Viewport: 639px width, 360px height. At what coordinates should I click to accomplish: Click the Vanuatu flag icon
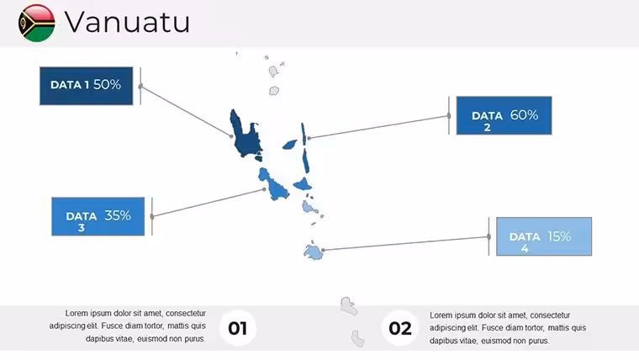37,23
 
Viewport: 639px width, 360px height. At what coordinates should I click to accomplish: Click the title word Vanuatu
127,22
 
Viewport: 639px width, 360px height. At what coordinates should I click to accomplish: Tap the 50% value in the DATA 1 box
107,84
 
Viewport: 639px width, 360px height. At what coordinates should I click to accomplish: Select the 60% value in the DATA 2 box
524,115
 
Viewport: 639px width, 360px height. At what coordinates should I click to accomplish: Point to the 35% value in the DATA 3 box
118,215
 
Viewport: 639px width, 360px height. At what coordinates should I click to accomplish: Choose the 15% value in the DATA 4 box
559,236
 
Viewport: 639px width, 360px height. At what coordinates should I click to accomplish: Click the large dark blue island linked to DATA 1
244,135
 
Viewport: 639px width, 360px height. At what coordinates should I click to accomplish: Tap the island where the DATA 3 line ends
274,185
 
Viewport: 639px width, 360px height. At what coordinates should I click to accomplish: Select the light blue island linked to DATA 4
314,252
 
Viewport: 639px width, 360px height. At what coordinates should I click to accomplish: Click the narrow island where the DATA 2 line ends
304,134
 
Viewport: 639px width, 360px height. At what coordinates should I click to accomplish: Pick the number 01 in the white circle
238,328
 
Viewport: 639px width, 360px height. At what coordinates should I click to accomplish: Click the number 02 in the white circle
399,328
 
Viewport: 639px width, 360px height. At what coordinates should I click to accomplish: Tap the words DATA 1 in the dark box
70,85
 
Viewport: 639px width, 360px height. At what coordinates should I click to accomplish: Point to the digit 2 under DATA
487,128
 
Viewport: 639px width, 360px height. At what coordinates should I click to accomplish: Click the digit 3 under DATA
82,227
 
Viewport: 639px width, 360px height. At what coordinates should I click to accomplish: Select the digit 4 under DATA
525,248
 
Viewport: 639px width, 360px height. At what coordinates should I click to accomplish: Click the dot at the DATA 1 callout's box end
140,87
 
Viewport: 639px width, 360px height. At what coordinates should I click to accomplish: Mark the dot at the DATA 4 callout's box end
488,236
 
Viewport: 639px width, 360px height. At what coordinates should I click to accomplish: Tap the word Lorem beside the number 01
77,313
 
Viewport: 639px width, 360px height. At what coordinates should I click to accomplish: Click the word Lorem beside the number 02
441,315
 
